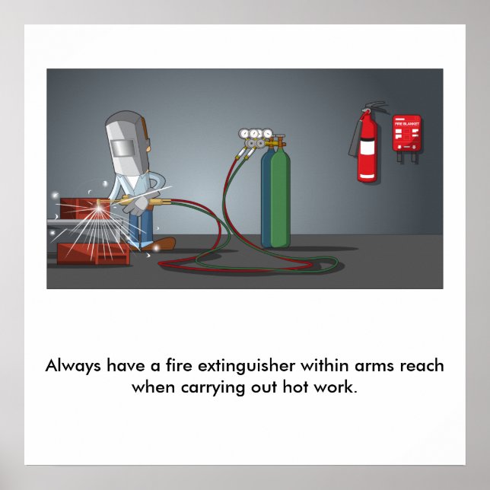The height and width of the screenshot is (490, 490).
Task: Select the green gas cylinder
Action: [279, 199]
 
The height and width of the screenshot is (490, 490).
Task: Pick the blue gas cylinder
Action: [267, 199]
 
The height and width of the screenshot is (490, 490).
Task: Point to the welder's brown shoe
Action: [162, 244]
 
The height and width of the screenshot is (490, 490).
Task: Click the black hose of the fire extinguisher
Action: [355, 137]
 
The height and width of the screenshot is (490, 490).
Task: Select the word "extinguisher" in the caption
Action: [244, 366]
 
